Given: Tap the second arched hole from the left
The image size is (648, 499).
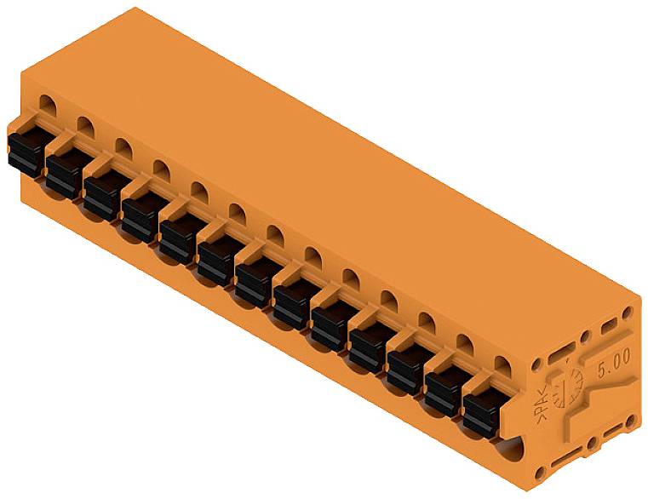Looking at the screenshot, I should point(85,127).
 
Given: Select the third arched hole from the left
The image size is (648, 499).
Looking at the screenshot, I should point(123,146).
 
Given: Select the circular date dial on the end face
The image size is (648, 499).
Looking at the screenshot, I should point(566,393).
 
